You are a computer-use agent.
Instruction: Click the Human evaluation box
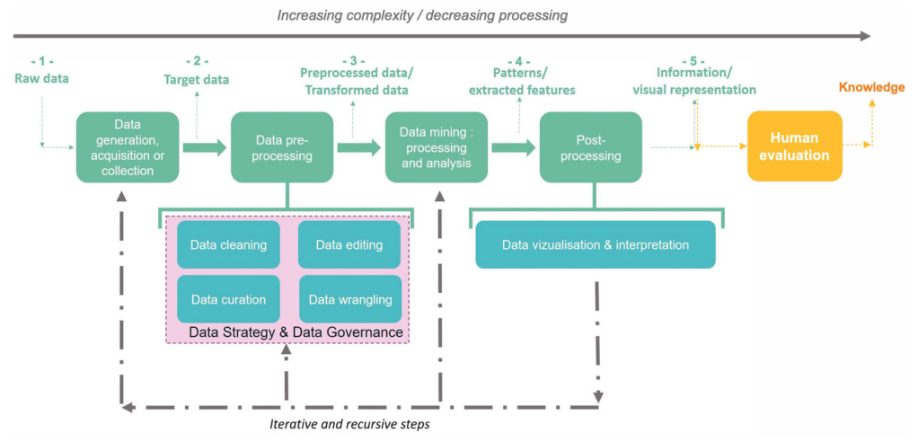tap(794, 146)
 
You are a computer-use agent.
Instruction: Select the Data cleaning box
tap(228, 244)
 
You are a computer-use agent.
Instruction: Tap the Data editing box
tap(349, 244)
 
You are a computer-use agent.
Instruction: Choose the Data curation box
tap(228, 299)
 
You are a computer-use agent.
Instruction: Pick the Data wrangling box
tap(349, 299)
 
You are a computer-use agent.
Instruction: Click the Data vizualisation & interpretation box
tap(595, 244)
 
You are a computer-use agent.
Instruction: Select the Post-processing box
tap(590, 147)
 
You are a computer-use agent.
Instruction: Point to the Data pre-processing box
tap(282, 147)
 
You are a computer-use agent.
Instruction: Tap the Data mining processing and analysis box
tap(436, 147)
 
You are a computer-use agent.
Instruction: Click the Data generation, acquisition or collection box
tap(128, 147)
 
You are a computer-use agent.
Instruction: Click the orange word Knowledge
tap(871, 87)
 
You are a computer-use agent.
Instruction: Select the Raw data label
tap(41, 78)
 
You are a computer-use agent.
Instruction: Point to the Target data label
tap(196, 79)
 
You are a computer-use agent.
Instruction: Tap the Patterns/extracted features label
tap(521, 81)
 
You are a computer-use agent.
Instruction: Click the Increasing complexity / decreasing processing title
tap(422, 15)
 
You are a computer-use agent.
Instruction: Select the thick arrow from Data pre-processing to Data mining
tap(359, 147)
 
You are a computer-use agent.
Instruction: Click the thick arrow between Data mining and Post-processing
tap(513, 147)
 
